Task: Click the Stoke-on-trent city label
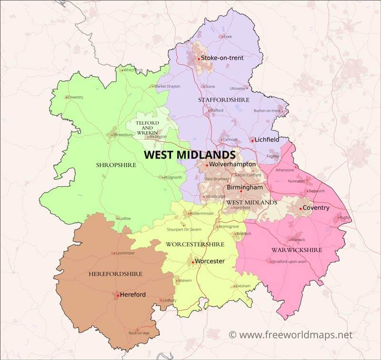(x=222, y=58)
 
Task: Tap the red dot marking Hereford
(x=117, y=295)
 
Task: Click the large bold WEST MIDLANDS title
(x=190, y=155)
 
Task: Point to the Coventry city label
(x=316, y=208)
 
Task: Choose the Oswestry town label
(x=75, y=97)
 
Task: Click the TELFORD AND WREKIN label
(x=147, y=127)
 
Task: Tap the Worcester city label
(x=210, y=261)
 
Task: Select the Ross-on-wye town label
(x=140, y=333)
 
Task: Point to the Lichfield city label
(x=268, y=140)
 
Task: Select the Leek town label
(x=228, y=37)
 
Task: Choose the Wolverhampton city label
(x=232, y=165)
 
